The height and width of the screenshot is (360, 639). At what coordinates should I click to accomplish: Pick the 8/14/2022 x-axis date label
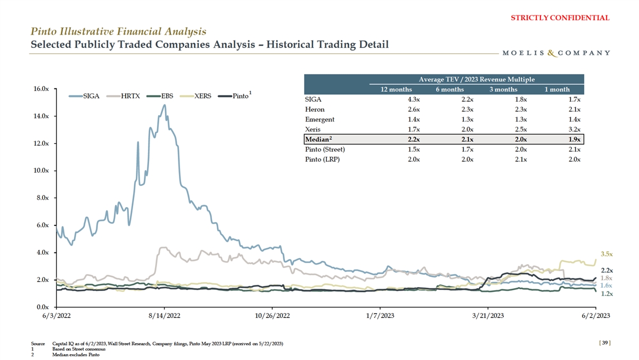[x=164, y=316]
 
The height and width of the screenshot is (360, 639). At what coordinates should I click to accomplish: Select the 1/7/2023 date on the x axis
[x=380, y=316]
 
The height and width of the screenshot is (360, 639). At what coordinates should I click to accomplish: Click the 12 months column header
[x=396, y=89]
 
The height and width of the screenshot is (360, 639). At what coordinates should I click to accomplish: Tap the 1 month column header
[x=557, y=89]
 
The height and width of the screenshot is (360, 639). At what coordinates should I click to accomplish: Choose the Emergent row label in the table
[x=319, y=119]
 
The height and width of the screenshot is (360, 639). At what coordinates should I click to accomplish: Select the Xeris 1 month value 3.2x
[x=573, y=129]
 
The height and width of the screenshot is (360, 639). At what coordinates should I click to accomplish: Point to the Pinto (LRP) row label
[x=322, y=160]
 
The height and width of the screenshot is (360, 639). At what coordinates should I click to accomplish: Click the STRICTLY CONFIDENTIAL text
[x=560, y=18]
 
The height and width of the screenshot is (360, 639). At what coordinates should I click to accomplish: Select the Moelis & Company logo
[x=556, y=53]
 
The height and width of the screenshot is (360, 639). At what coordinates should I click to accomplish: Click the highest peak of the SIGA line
[x=165, y=105]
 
